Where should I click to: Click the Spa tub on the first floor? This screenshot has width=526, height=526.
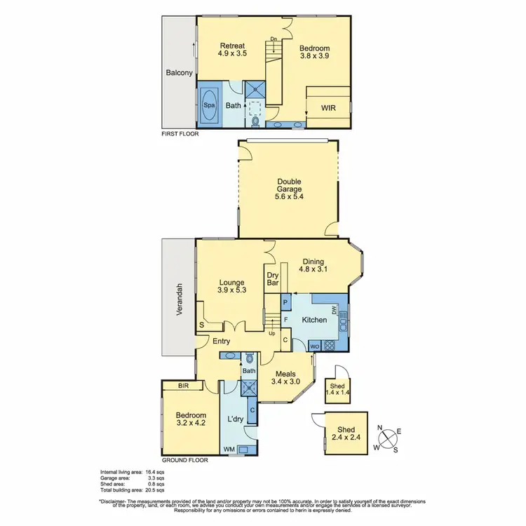coord(209,106)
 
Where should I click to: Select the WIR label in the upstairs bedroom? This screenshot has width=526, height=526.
coord(328,108)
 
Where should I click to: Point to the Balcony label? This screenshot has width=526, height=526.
coord(179,72)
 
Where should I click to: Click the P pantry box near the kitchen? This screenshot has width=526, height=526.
coord(285,303)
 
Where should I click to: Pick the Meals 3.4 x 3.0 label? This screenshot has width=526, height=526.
coord(286,378)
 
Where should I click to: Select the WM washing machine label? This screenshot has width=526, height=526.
coord(229,449)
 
